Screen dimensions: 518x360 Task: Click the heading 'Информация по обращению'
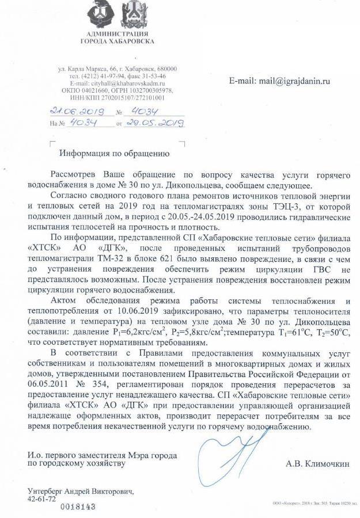tap(114, 154)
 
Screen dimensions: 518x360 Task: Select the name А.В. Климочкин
tap(316, 463)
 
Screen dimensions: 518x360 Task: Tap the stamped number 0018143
tap(78, 506)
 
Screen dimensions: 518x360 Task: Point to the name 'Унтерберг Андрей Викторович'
tap(81, 491)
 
